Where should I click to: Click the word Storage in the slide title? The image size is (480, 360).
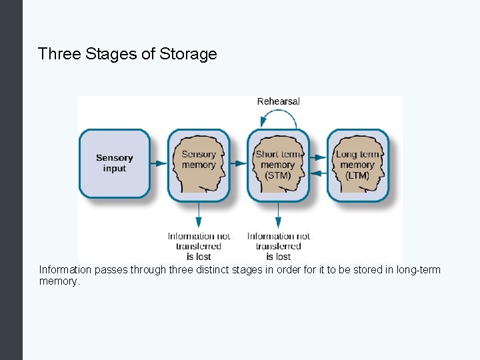(x=189, y=54)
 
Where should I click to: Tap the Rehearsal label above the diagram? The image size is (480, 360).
(x=279, y=101)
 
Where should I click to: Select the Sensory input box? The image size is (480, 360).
(x=115, y=163)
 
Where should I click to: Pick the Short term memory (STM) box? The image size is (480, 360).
(x=278, y=165)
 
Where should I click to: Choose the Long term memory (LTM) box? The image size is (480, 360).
(x=357, y=165)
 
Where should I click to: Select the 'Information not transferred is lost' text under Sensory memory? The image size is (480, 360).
(x=199, y=246)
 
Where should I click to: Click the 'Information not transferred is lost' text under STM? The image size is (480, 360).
(x=279, y=246)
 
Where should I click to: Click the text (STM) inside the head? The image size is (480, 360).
(x=278, y=175)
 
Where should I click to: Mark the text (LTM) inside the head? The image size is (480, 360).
(x=357, y=175)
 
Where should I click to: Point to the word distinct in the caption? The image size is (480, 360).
(x=227, y=270)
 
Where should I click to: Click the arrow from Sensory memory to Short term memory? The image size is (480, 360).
(x=238, y=163)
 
